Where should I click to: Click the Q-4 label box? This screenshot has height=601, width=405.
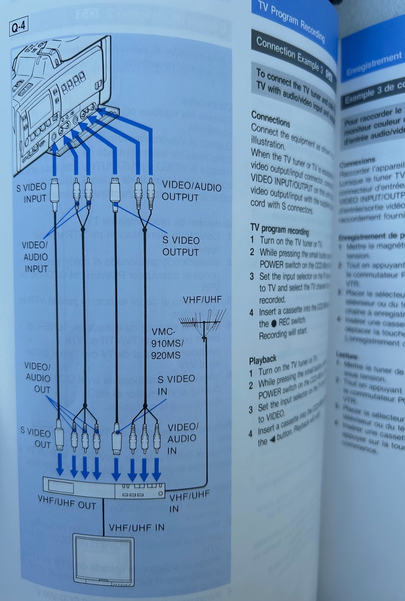[x=18, y=27]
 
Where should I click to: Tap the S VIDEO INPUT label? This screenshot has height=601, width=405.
[x=31, y=193]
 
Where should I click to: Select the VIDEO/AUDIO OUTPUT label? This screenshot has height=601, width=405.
[x=191, y=191]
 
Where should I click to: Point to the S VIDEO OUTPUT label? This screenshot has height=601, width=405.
[x=181, y=246]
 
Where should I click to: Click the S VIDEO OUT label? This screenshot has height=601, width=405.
[x=36, y=438]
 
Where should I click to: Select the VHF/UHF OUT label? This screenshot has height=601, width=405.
[x=67, y=502]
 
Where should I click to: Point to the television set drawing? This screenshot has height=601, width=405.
[x=104, y=559]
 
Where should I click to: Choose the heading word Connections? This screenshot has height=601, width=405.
[x=270, y=119]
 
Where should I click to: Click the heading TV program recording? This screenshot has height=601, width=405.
[x=279, y=230]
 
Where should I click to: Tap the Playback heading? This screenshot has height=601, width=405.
[x=262, y=360]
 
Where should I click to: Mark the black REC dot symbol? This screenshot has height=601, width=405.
[x=274, y=323]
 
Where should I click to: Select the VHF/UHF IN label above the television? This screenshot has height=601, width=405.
[x=137, y=527]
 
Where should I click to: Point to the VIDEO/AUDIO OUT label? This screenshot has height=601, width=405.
[x=38, y=378]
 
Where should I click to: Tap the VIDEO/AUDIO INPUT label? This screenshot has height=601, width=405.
[x=35, y=256]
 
